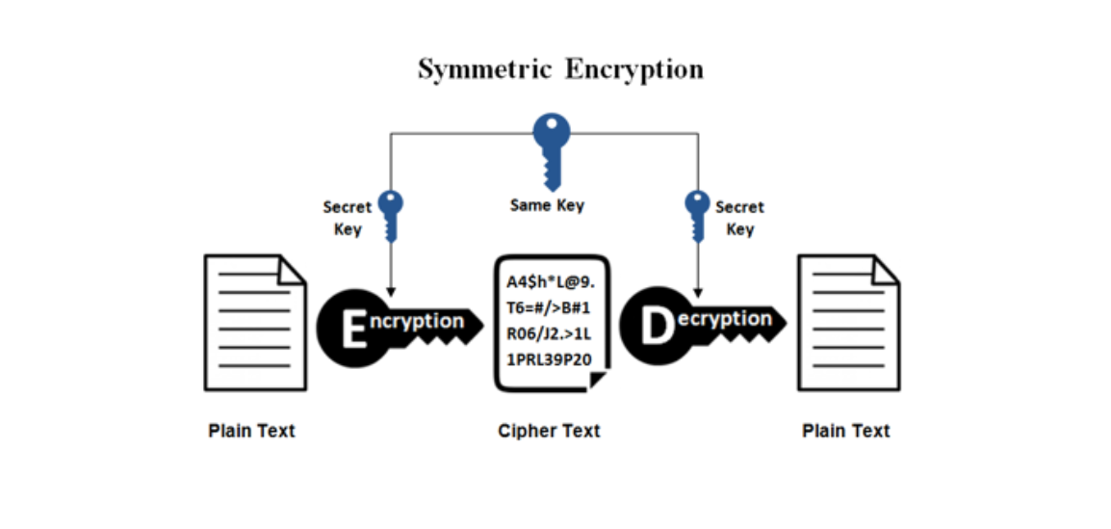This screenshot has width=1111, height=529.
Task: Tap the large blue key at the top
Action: [x=552, y=150]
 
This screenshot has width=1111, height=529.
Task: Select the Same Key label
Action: [x=547, y=205]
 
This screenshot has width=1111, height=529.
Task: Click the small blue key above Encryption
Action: [x=391, y=216]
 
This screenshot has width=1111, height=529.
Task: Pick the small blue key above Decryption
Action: [x=697, y=216]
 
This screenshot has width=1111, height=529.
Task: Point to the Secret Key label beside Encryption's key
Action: [x=348, y=219]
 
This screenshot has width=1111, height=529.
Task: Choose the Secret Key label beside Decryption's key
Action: [x=739, y=219]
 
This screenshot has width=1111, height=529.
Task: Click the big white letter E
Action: [x=354, y=329]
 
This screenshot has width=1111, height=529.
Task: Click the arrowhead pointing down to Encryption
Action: [x=391, y=292]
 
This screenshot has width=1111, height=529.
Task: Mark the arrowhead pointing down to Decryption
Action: [x=697, y=292]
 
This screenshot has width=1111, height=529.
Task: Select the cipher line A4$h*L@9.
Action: [x=551, y=282]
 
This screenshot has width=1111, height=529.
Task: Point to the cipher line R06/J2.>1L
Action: [x=549, y=333]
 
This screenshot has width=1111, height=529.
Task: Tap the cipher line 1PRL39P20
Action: [x=549, y=359]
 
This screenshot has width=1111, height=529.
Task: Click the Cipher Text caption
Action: [x=549, y=431]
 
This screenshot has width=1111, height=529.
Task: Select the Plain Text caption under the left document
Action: [x=251, y=431]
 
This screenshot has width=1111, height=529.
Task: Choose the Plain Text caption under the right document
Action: [x=846, y=431]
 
